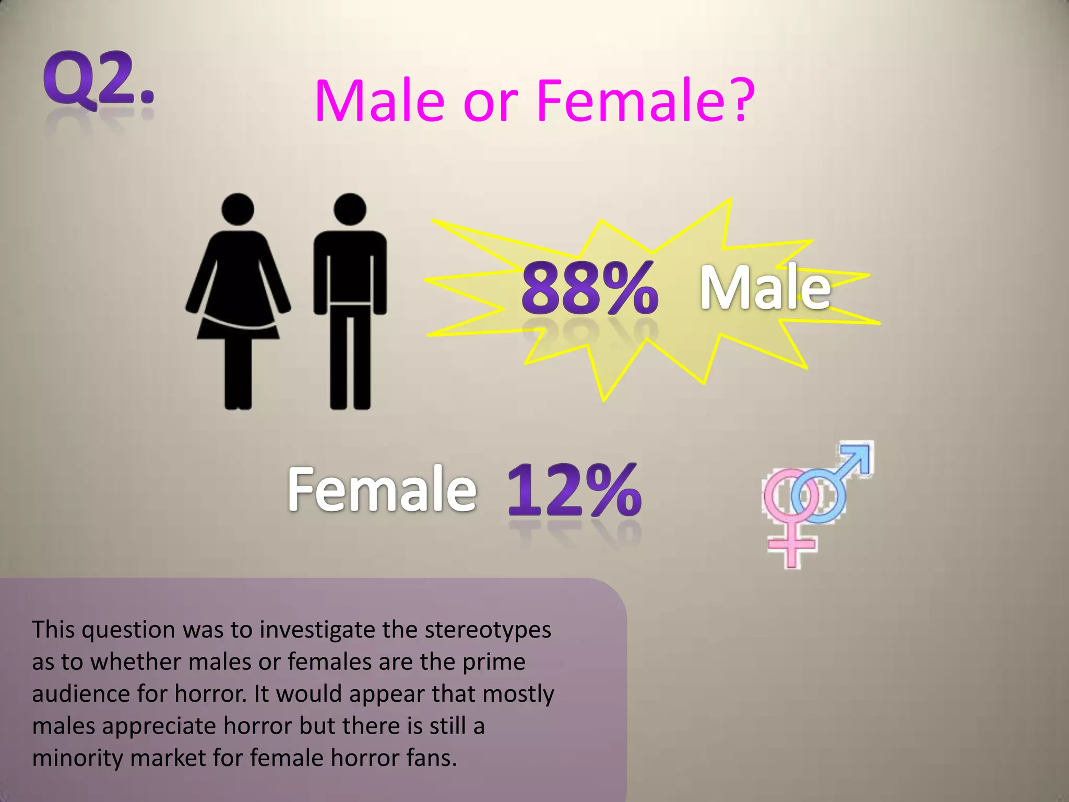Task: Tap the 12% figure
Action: pos(573,491)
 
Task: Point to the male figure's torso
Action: pos(350,266)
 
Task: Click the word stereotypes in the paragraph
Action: pos(488,630)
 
